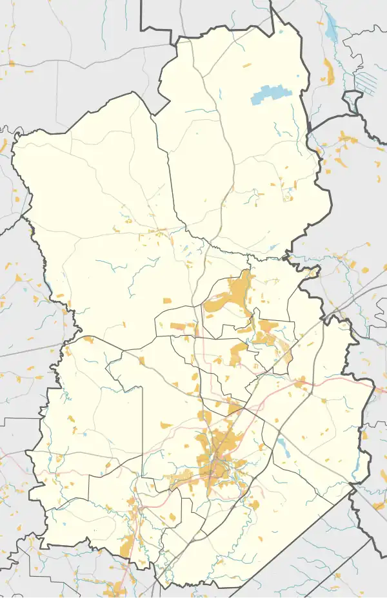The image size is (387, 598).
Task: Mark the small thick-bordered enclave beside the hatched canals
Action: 353,100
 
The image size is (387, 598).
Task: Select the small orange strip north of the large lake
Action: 247,65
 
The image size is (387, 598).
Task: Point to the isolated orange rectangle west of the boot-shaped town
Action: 166,301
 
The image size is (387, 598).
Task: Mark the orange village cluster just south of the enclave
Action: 348,138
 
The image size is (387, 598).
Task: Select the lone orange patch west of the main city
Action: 166,425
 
